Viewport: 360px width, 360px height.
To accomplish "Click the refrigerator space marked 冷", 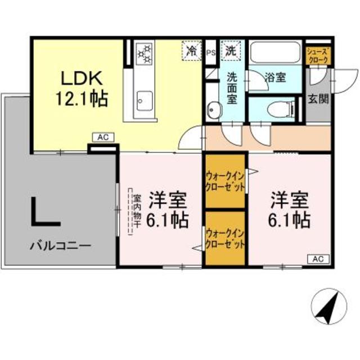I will (x=191, y=50).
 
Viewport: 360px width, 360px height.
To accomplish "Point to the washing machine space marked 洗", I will (x=231, y=50).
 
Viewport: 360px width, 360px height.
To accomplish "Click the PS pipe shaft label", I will (x=211, y=53).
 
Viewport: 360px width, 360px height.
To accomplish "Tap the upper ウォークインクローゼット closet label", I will (x=225, y=181).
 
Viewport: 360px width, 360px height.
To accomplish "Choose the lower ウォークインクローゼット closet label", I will (x=225, y=238).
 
